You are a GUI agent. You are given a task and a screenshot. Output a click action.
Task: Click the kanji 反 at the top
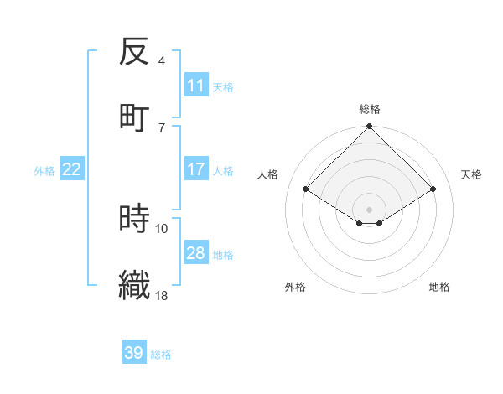(134, 53)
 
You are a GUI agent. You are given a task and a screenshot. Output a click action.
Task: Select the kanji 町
(134, 117)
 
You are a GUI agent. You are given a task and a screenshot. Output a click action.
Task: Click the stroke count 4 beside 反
(162, 61)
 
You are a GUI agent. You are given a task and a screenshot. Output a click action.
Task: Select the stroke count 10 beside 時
(162, 228)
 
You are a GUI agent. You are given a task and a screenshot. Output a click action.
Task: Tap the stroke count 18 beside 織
(162, 295)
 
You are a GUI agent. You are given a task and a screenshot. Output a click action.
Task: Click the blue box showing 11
(195, 86)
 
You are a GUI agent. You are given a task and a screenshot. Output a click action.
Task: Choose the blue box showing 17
(195, 169)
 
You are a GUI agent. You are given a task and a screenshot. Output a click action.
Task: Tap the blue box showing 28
(195, 253)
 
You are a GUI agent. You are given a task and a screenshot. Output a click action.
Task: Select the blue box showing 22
(72, 169)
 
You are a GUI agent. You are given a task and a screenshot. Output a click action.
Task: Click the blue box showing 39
(134, 353)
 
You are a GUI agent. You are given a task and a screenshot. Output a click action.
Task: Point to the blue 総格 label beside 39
(161, 355)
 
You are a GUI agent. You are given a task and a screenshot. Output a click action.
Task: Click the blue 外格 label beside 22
(44, 171)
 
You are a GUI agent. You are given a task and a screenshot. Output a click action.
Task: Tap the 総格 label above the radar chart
(370, 109)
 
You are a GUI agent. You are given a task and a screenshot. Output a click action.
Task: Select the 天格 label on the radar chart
(471, 174)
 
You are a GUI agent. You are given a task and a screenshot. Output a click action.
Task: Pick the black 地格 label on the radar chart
(439, 287)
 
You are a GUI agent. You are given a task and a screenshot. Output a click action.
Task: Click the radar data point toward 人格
(306, 189)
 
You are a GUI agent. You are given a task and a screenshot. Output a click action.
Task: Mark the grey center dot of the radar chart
(370, 209)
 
